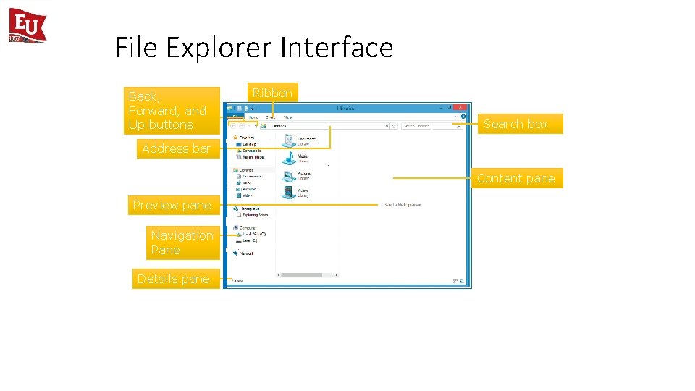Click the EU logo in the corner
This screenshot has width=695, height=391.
point(27,25)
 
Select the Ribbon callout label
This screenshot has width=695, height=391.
point(272,93)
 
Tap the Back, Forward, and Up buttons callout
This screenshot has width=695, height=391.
point(171,111)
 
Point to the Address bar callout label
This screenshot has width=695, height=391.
point(176,148)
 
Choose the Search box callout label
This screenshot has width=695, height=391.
point(515,124)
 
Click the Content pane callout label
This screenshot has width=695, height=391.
point(515,178)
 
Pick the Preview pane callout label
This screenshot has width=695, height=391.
point(172,205)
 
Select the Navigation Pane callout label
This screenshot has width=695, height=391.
point(182,243)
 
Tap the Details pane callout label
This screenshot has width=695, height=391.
point(174,279)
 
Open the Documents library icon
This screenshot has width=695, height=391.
point(288,140)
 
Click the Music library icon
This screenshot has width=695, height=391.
point(288,157)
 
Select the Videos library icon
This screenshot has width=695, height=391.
point(288,192)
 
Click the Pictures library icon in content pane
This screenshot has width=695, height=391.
point(288,175)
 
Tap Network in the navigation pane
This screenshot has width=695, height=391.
point(247,253)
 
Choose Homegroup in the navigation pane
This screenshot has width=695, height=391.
point(250,208)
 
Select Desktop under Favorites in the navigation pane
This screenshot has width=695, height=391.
point(248,144)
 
